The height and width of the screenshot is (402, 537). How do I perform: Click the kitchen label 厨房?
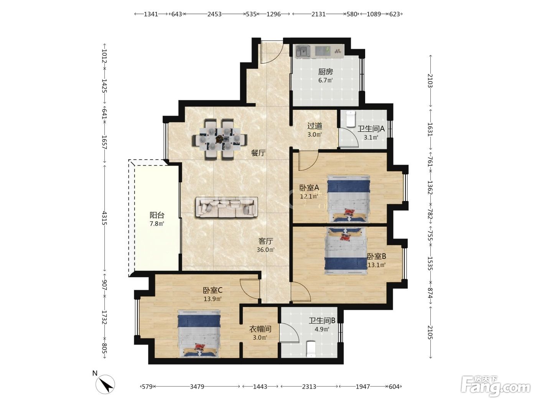325,72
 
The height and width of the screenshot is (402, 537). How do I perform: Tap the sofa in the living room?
227,207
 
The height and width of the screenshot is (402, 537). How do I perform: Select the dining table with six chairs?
219,139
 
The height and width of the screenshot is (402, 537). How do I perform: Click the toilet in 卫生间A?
351,119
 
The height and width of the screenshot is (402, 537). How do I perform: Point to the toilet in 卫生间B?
311,349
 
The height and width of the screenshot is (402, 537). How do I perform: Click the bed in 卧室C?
199,333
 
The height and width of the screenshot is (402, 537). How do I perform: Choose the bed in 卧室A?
348,199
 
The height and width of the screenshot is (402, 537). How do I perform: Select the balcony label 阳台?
157,215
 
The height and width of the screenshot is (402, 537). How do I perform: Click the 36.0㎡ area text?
265,250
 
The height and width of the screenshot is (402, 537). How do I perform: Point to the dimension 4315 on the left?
104,218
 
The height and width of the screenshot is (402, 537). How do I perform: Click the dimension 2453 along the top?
214,14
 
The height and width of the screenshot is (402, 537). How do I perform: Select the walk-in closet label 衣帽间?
260,329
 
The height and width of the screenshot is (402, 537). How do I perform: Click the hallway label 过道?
315,126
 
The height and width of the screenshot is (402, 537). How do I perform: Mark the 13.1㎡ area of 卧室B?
377,265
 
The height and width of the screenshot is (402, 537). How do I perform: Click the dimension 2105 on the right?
430,332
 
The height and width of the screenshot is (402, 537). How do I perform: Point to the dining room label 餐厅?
259,153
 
